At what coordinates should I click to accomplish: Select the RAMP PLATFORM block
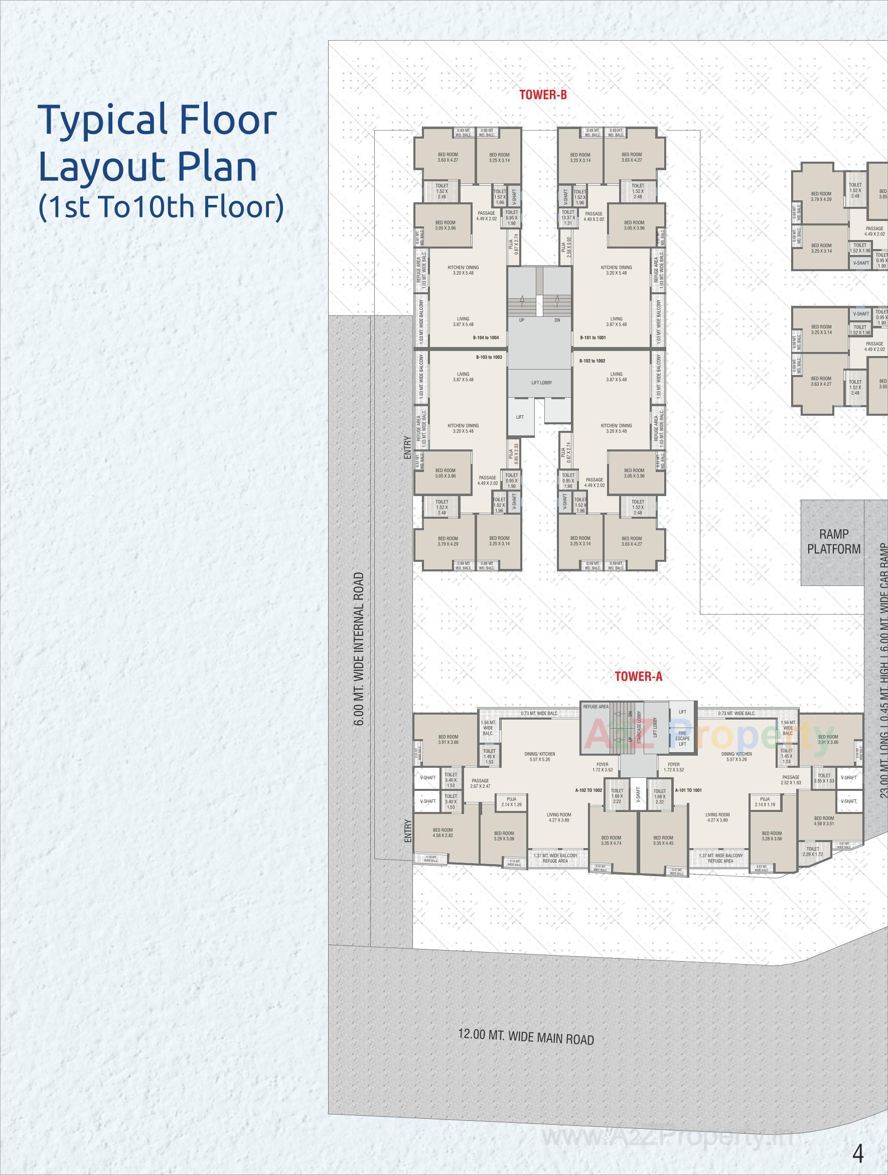pos(833,542)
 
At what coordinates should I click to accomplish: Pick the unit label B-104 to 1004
pos(486,338)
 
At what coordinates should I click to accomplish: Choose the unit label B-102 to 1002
pos(593,361)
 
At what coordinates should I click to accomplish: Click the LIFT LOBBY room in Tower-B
pos(541,383)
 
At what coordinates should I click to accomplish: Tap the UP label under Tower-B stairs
pos(522,320)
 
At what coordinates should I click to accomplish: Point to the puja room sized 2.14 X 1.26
pos(512,802)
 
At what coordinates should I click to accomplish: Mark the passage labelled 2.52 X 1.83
pos(790,780)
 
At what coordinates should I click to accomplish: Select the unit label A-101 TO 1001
pos(688,790)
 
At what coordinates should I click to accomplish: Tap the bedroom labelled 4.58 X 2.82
pos(442,833)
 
